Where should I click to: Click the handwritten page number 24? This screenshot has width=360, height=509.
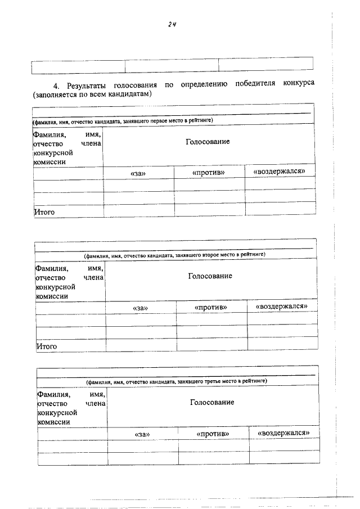pyautogui.click(x=172, y=24)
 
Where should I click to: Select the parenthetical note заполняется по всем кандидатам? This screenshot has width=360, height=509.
pyautogui.click(x=93, y=94)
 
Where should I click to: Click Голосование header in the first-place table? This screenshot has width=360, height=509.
pyautogui.click(x=208, y=141)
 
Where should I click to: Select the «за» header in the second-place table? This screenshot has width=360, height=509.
pyautogui.click(x=140, y=308)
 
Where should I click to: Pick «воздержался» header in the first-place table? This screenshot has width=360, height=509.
pyautogui.click(x=280, y=171)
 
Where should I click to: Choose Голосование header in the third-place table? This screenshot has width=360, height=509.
pyautogui.click(x=211, y=402)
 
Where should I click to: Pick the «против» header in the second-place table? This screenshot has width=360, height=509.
pyautogui.click(x=211, y=308)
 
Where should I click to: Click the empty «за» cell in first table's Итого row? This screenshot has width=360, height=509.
pyautogui.click(x=138, y=209)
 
